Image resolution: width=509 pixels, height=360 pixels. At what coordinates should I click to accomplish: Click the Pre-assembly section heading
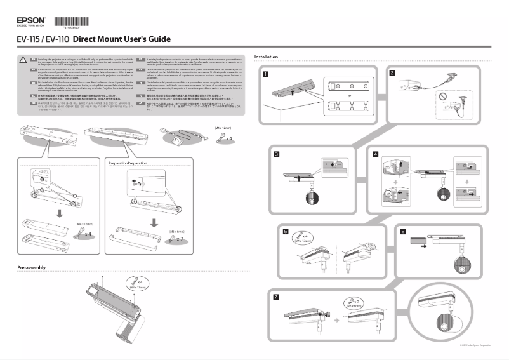(32, 268)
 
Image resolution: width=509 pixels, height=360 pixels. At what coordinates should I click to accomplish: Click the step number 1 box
(265, 74)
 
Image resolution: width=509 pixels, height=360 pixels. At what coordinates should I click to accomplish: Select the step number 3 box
(277, 154)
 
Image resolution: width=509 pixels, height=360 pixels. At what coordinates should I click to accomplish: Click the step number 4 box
(376, 154)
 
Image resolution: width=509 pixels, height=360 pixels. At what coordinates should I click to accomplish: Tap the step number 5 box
(286, 232)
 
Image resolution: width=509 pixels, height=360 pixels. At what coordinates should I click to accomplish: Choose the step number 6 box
(403, 232)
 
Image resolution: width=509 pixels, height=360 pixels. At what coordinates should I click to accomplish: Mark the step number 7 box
(275, 297)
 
